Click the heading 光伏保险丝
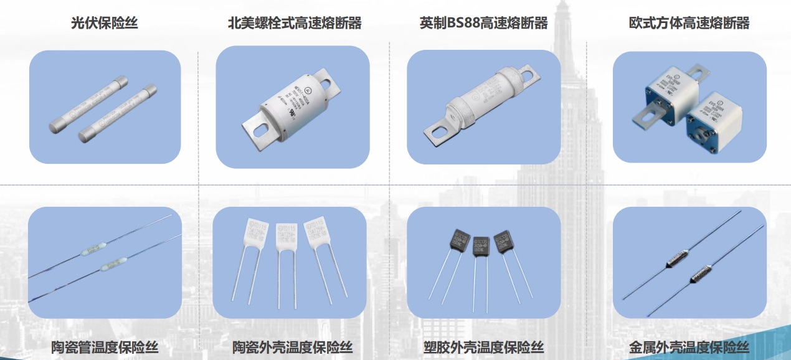click(x=105, y=24)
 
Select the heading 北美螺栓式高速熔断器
click(x=295, y=24)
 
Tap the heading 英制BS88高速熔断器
click(x=483, y=24)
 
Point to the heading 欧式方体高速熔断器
click(x=689, y=24)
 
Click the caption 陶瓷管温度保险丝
click(x=105, y=348)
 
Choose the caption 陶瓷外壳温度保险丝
click(x=292, y=348)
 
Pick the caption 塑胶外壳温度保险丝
click(x=483, y=348)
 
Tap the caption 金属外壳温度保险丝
click(x=689, y=348)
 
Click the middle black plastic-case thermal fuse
click(x=480, y=246)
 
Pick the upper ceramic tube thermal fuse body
click(x=92, y=250)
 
